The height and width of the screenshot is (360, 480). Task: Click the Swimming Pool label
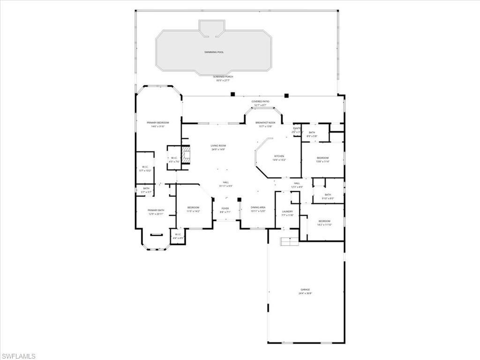(x=214, y=52)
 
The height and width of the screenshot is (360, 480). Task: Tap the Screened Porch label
(x=223, y=77)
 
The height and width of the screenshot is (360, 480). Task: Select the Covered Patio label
(x=260, y=102)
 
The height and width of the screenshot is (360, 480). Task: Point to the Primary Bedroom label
(x=157, y=123)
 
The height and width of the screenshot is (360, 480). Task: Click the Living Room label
(x=218, y=146)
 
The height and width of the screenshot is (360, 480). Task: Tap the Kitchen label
(x=279, y=156)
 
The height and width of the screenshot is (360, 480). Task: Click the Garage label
(x=305, y=290)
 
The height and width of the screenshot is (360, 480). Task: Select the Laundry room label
(x=287, y=212)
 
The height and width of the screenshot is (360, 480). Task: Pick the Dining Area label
(x=258, y=208)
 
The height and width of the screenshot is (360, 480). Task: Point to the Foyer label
(x=225, y=209)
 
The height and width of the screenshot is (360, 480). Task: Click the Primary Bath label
(x=156, y=210)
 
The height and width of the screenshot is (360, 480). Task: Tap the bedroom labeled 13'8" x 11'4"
(x=322, y=158)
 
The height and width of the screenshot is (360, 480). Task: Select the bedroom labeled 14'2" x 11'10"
(x=324, y=221)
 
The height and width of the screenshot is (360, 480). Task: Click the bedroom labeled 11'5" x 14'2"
(x=193, y=208)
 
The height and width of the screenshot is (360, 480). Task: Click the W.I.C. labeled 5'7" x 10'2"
(x=145, y=167)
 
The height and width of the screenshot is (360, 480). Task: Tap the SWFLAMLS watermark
(x=18, y=356)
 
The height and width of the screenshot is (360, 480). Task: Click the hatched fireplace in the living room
(x=187, y=155)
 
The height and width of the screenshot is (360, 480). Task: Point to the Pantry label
(x=297, y=128)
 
